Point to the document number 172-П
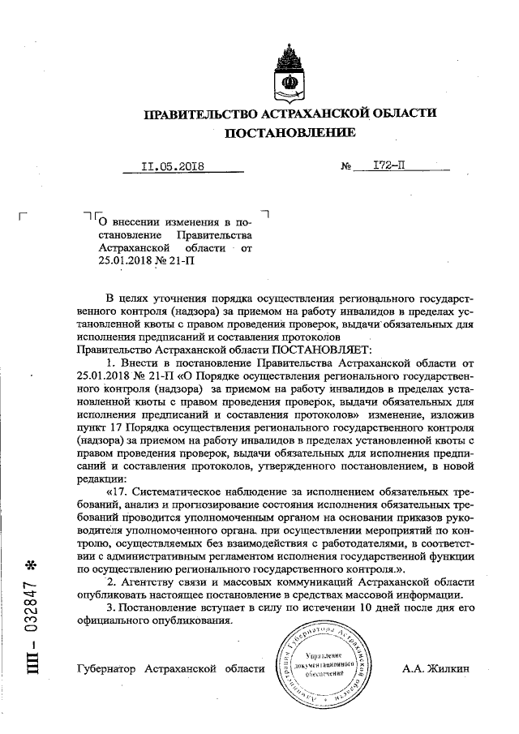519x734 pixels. tap(388, 167)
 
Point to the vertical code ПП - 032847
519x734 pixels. tap(32, 633)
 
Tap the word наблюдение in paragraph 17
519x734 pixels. tap(256, 491)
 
